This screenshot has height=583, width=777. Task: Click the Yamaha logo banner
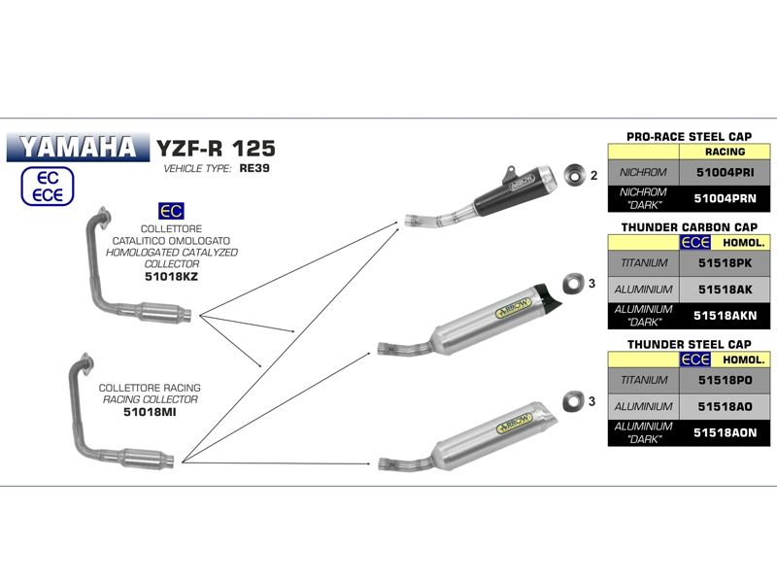coord(77,148)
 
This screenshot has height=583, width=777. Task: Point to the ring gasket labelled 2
coord(569,175)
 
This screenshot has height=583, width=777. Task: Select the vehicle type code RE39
coord(254,168)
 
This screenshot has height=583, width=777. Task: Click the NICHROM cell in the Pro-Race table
coord(643,172)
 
